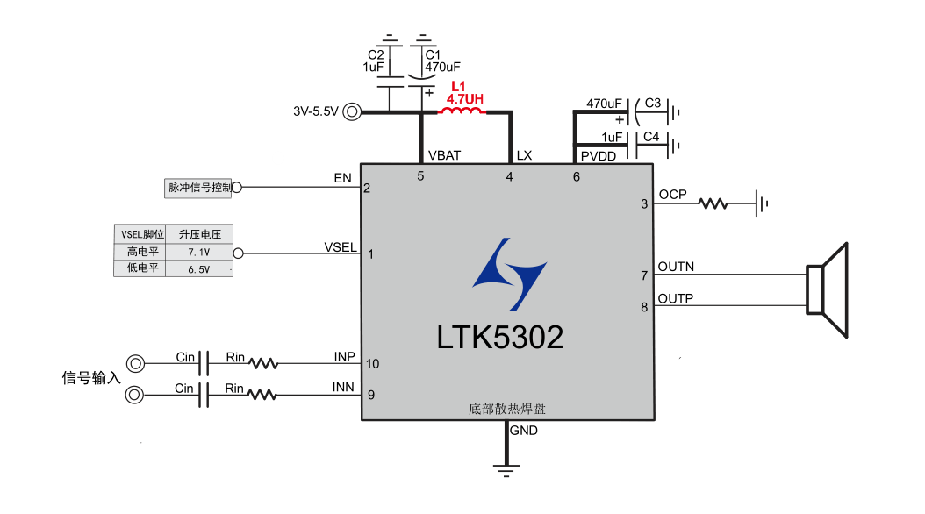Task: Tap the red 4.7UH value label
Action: point(464,99)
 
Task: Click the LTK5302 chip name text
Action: point(500,337)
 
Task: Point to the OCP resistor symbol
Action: point(713,203)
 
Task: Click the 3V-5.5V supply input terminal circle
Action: point(352,111)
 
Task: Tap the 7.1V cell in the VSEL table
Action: point(200,252)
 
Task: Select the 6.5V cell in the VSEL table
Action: point(200,269)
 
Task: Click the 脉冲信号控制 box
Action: point(199,187)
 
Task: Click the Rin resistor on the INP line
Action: point(263,363)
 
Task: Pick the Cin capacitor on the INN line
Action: point(204,395)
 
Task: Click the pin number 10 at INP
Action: point(373,364)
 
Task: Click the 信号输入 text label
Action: point(91,378)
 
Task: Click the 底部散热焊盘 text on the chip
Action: point(508,409)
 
